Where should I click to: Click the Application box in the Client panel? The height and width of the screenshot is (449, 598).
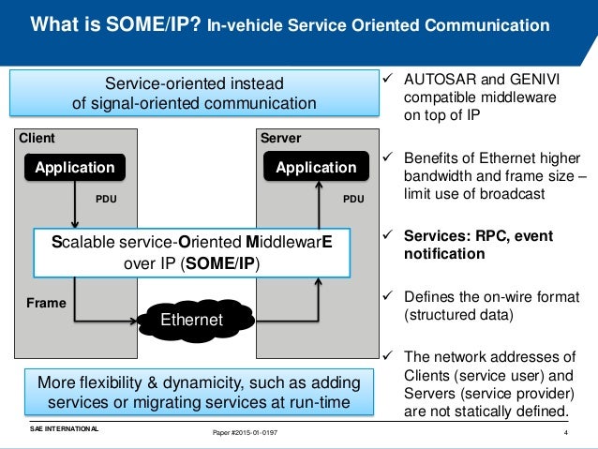click(74, 168)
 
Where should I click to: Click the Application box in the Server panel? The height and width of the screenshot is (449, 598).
click(316, 168)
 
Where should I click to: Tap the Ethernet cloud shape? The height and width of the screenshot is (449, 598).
click(191, 321)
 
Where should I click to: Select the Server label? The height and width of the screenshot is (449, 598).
click(280, 138)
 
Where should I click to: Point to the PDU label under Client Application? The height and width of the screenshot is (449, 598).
click(107, 199)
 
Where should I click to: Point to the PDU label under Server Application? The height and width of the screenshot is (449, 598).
click(353, 199)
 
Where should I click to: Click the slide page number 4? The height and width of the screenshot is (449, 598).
click(566, 432)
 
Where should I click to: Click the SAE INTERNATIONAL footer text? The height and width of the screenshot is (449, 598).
click(63, 428)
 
